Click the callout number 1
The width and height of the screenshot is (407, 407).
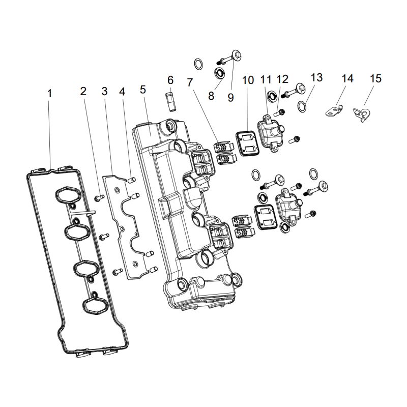pyautogui.click(x=49, y=94)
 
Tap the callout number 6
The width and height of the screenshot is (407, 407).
pyautogui.click(x=170, y=80)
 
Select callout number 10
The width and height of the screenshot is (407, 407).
pyautogui.click(x=248, y=80)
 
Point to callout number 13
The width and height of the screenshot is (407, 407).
pyautogui.click(x=316, y=77)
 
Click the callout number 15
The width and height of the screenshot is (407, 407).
pyautogui.click(x=375, y=78)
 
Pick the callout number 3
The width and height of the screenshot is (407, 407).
pyautogui.click(x=104, y=91)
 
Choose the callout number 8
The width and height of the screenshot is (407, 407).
pyautogui.click(x=211, y=96)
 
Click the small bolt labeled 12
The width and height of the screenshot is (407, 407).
pyautogui.click(x=280, y=113)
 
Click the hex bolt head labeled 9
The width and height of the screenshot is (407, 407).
pyautogui.click(x=236, y=55)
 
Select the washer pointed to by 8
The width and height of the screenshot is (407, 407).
pyautogui.click(x=219, y=73)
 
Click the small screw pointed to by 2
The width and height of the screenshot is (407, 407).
pyautogui.click(x=99, y=198)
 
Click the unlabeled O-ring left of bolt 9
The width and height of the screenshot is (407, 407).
pyautogui.click(x=198, y=64)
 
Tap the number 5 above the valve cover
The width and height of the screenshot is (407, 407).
pyautogui.click(x=143, y=90)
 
